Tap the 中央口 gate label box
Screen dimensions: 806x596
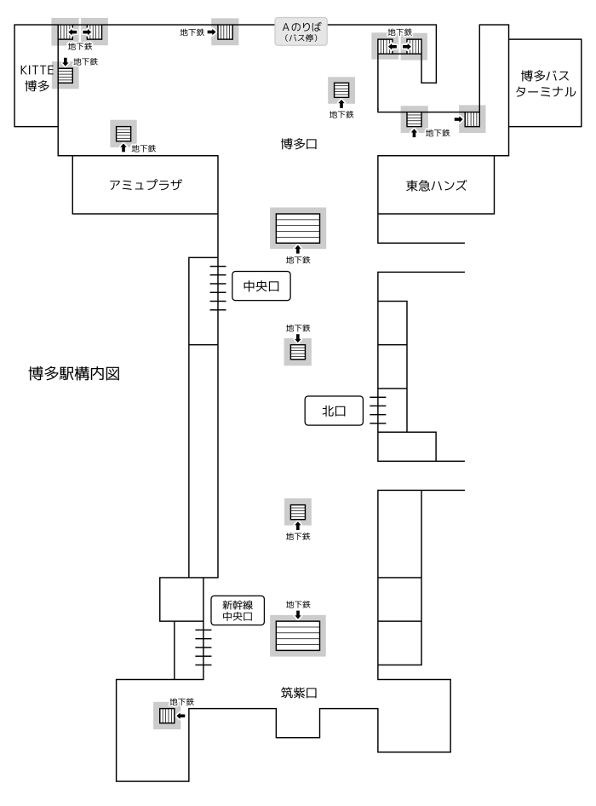point(261,288)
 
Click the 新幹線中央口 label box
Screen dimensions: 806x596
point(238,611)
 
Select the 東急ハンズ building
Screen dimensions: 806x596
point(436,185)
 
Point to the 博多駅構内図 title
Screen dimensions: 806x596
point(77,373)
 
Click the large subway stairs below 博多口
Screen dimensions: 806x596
point(296,228)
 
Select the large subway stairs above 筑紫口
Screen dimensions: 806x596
point(296,636)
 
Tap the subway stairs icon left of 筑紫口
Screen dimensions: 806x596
point(167,716)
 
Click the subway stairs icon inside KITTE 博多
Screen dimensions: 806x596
point(66,76)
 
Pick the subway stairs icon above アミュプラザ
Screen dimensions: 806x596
point(123,133)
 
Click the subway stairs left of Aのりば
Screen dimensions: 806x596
point(225,32)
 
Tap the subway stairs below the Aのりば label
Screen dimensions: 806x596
point(341,89)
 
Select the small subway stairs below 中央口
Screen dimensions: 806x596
point(298,350)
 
